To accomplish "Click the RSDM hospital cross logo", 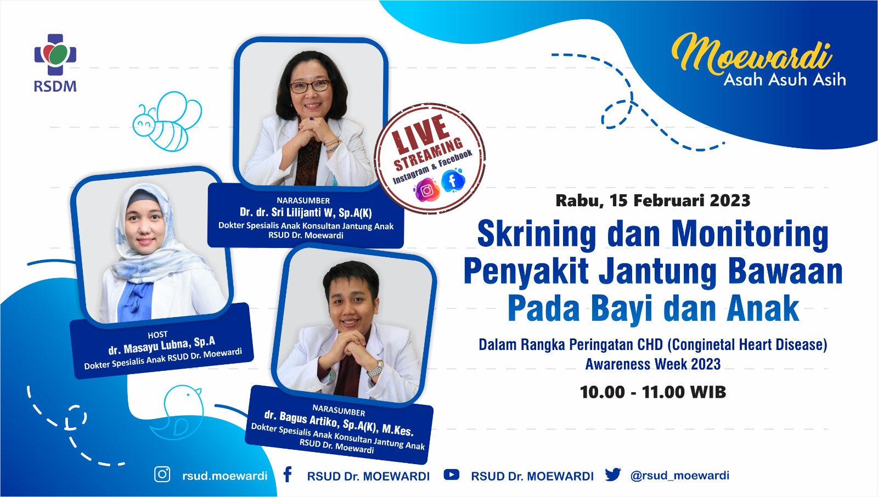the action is pos(55,54).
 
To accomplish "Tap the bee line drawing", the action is pos(167,121).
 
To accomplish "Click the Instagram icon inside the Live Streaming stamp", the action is pos(426,190).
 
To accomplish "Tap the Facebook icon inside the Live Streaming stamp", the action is pos(453,180).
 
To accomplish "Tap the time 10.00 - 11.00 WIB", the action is pos(652,392).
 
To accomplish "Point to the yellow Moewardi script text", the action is pos(752,54).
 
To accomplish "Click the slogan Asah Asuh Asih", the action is pos(784,80).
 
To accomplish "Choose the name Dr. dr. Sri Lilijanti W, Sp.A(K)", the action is pos(306,212).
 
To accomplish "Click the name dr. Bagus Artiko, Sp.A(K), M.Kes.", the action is pos(339,423).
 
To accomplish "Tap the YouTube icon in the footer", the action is pos(451,475).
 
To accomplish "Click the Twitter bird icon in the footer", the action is pos(612,475).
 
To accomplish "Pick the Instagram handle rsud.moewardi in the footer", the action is pos(224,476).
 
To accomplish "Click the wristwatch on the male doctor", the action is pos(375,369).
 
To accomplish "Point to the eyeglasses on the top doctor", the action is pos(309,86).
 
